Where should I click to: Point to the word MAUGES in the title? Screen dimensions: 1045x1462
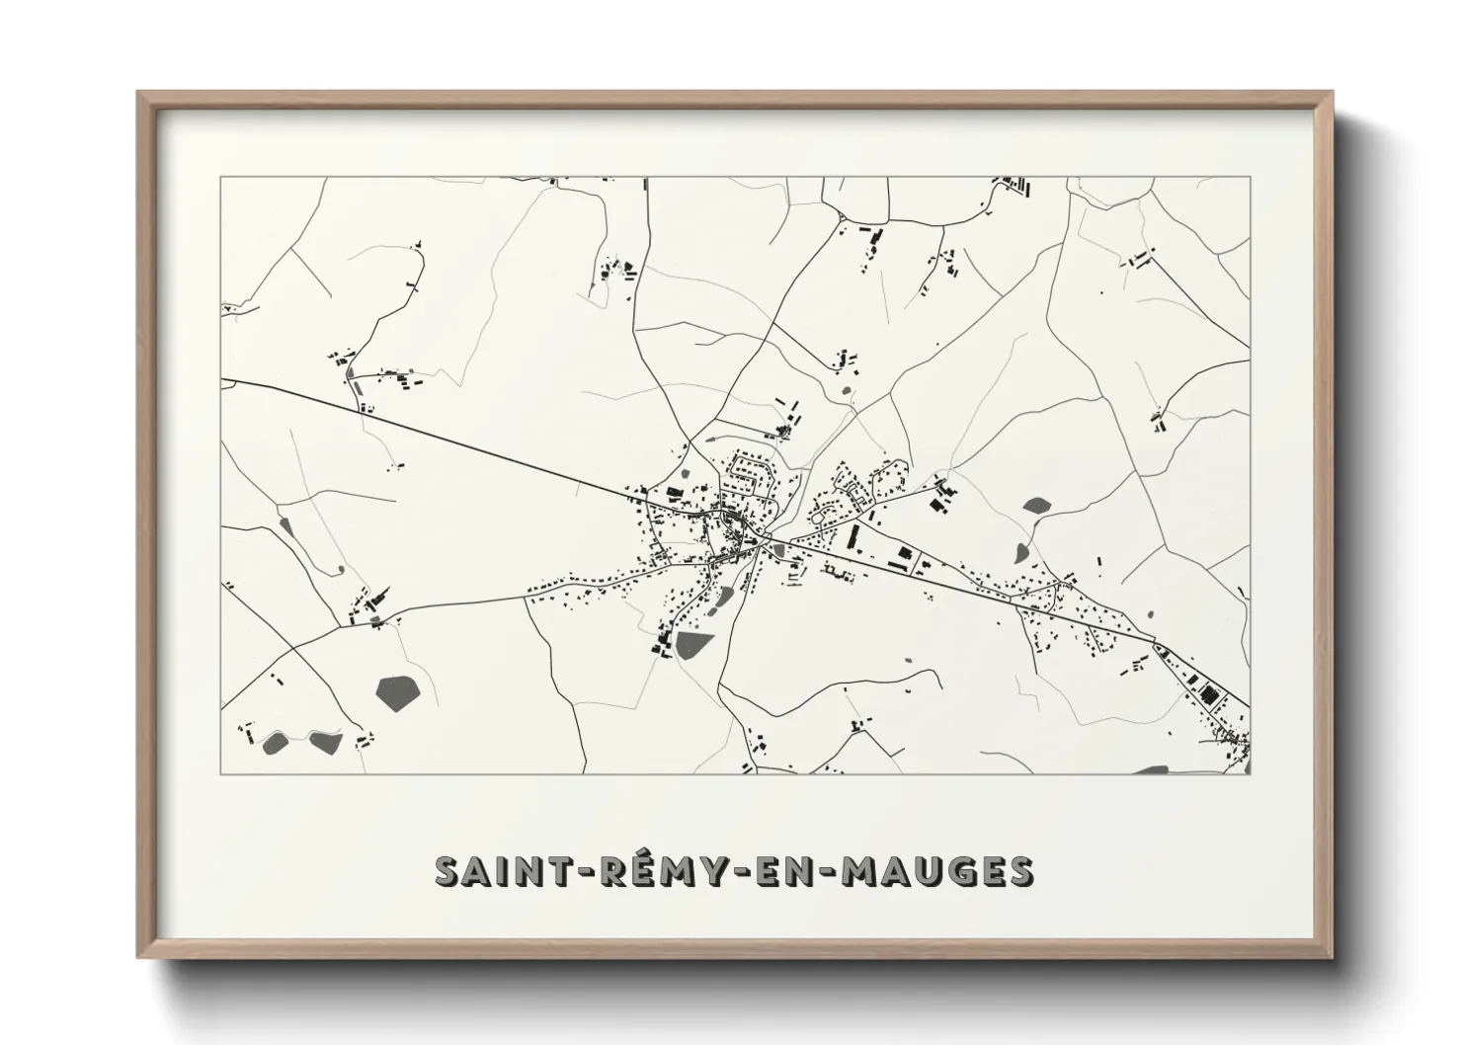click(x=936, y=871)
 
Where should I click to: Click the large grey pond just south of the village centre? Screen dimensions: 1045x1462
click(x=693, y=645)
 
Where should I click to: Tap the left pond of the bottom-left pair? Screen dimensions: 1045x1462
click(x=275, y=740)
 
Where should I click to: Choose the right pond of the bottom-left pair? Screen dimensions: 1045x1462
click(x=324, y=739)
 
